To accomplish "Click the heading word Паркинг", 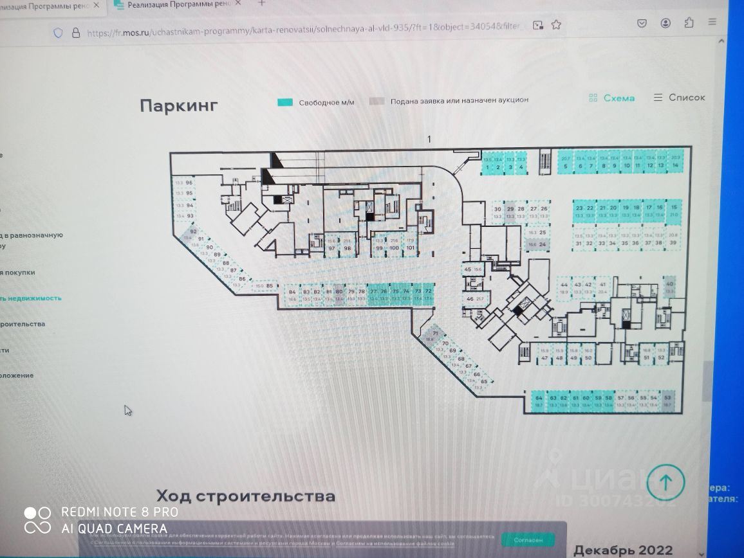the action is tap(178, 106).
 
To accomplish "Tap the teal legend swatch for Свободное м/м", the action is tap(285, 102).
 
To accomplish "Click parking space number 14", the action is tap(675, 162).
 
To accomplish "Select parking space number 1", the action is tap(488, 164).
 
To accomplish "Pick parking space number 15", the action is tap(674, 212).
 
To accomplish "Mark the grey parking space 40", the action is tap(669, 287).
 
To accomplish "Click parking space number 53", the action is tap(667, 401).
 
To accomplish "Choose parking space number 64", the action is tap(538, 401).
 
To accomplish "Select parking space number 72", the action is tap(429, 294).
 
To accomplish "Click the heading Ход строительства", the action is tap(246, 496).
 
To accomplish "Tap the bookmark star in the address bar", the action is tap(557, 25).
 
